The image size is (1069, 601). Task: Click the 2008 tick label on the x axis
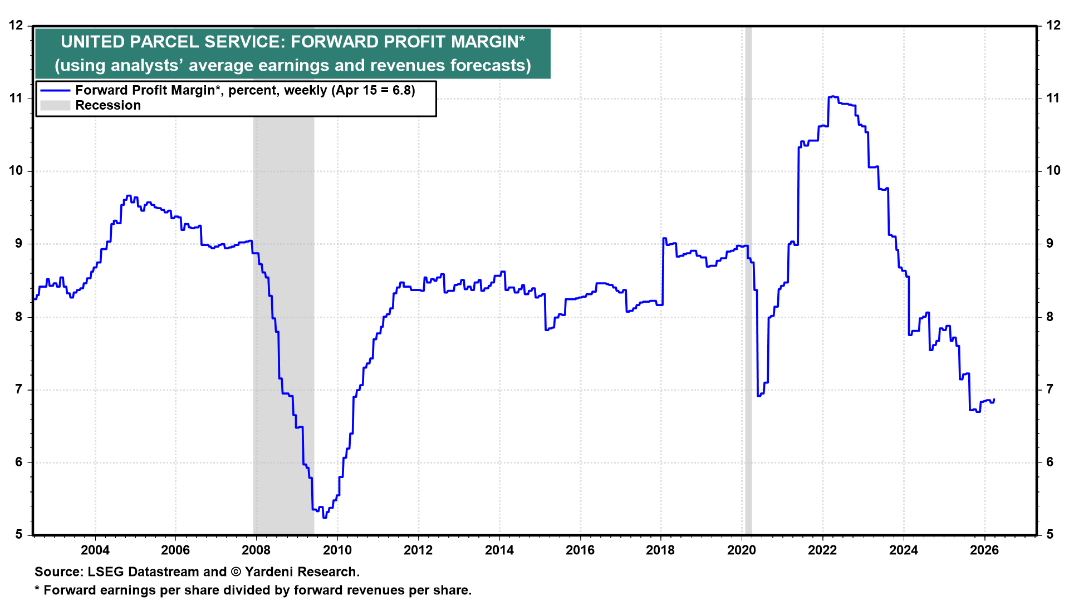[x=256, y=550]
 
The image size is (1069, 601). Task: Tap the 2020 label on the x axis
[x=742, y=550]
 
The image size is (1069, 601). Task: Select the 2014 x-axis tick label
[x=499, y=550]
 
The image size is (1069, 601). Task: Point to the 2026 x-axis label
[x=984, y=550]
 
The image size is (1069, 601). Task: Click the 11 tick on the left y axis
[x=16, y=98]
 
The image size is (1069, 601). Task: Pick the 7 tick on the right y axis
[x=1050, y=390]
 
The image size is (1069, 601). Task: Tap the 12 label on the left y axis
[x=16, y=26]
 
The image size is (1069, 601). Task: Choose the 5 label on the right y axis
[x=1050, y=535]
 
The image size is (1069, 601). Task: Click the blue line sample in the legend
[x=55, y=91]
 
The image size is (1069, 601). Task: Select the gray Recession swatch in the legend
[x=55, y=106]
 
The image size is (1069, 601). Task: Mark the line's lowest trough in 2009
[x=325, y=518]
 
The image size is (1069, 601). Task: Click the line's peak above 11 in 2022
[x=832, y=96]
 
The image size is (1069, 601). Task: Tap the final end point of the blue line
[x=994, y=399]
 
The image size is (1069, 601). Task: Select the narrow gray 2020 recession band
[x=748, y=278]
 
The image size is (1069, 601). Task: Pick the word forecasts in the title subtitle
[x=490, y=66]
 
